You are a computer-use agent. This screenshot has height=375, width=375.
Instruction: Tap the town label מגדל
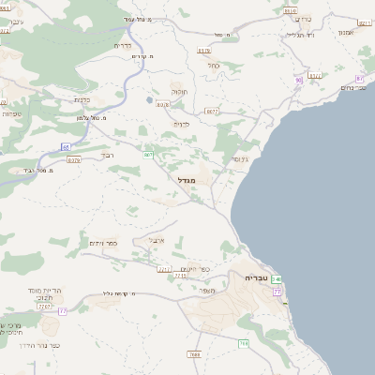pos(186,178)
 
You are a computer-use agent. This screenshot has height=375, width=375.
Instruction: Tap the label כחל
pos(213,66)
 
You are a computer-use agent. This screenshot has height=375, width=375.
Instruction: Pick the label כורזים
pos(302,18)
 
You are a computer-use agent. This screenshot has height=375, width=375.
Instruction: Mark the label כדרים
pos(122,45)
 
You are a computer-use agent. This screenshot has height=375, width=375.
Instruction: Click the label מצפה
pos(207,290)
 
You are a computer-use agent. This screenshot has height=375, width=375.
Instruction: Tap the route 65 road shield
pos(67,146)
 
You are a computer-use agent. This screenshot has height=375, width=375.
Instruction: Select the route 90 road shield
pos(299,80)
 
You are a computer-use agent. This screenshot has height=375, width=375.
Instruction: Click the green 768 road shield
pos(243,344)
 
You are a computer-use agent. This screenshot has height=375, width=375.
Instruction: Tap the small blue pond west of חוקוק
pos(148,97)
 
